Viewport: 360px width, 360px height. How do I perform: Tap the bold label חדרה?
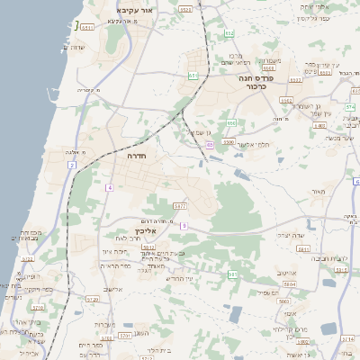[x=137, y=156]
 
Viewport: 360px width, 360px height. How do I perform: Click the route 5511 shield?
[x=87, y=27]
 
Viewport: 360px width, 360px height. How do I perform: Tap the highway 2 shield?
[x=71, y=166]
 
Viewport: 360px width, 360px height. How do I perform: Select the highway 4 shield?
[x=109, y=187]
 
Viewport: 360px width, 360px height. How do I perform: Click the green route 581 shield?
[x=232, y=274]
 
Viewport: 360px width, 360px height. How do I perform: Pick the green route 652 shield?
[x=231, y=122]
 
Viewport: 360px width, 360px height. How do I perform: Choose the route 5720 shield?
[x=91, y=298]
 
